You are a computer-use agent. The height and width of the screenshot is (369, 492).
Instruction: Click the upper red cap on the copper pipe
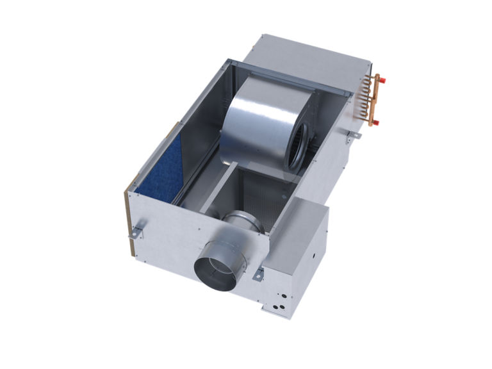[377, 79]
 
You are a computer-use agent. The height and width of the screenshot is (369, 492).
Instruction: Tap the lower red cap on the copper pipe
[377, 121]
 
